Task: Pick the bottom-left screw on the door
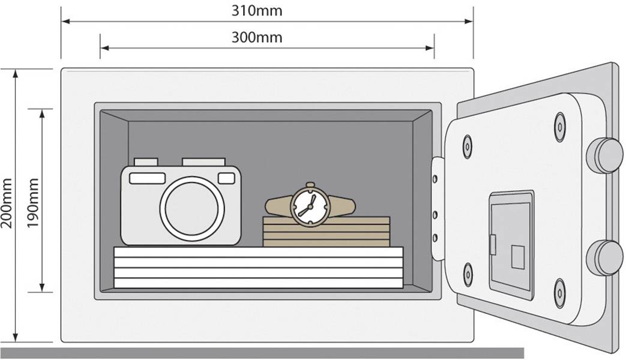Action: click(x=468, y=274)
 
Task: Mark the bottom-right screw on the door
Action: click(x=560, y=292)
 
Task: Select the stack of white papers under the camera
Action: click(x=258, y=267)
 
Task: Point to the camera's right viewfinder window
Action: click(x=226, y=178)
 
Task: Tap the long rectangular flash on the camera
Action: click(x=148, y=178)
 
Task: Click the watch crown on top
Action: click(x=310, y=185)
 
